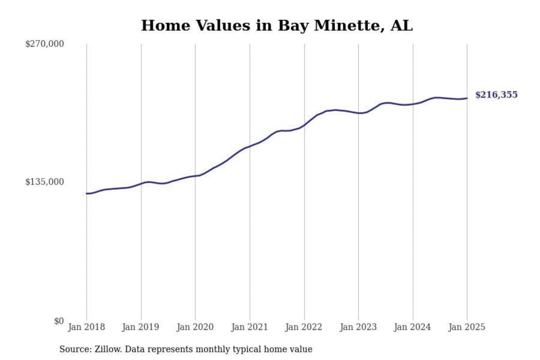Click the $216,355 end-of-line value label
tap(496, 95)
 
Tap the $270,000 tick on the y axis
tap(45, 44)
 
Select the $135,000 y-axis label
tap(45, 182)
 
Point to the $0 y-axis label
tap(59, 321)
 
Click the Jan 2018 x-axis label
tap(86, 327)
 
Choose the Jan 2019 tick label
tap(141, 327)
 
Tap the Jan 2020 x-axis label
tap(195, 327)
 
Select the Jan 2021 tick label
tap(250, 327)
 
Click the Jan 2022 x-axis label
tap(304, 327)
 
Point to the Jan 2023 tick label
tap(359, 327)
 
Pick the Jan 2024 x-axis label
tap(413, 327)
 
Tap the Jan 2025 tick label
tap(467, 327)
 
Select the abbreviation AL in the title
tap(401, 26)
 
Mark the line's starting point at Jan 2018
tap(87, 193)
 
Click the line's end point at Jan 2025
tap(467, 98)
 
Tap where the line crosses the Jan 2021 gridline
tap(250, 146)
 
